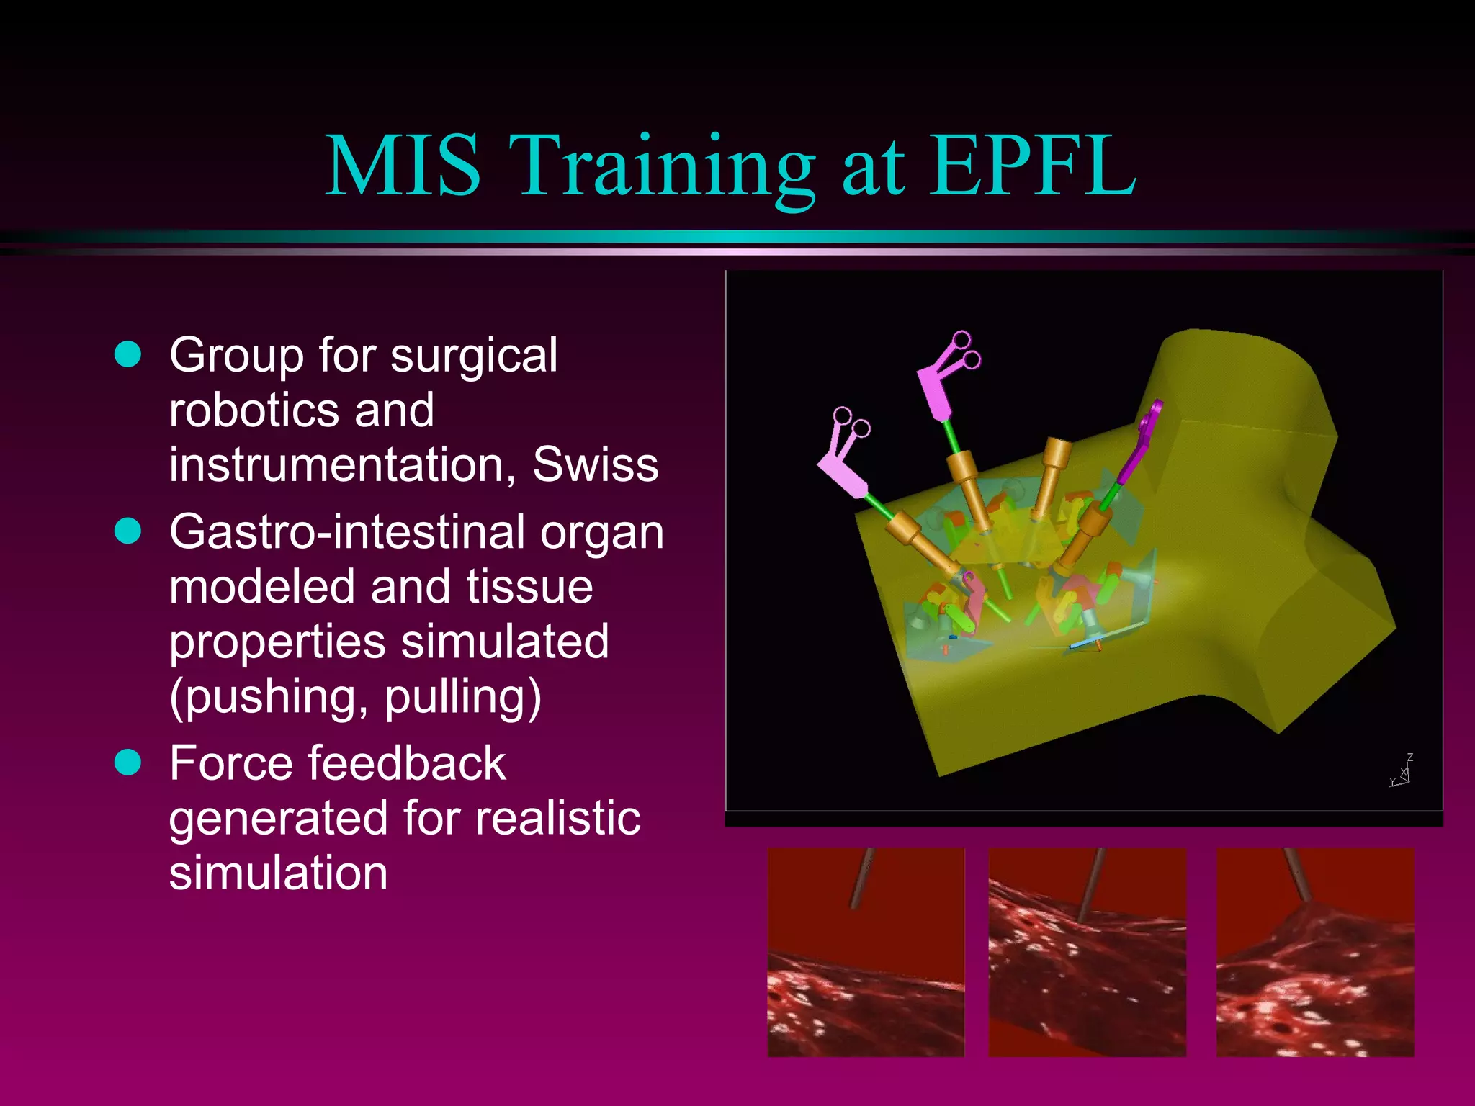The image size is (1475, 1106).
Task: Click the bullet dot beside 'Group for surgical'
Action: [128, 354]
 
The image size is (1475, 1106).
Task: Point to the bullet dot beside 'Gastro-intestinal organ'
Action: [128, 531]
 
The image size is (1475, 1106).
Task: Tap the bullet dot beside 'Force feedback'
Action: [128, 763]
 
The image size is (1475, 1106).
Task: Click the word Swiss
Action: [595, 464]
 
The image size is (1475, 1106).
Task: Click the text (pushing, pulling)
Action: [355, 697]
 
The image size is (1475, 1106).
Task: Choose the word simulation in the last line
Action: [278, 873]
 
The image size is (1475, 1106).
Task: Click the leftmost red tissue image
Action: [866, 952]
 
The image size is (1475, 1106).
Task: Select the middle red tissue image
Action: [1087, 952]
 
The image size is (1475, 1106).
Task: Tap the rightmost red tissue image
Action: [1315, 952]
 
